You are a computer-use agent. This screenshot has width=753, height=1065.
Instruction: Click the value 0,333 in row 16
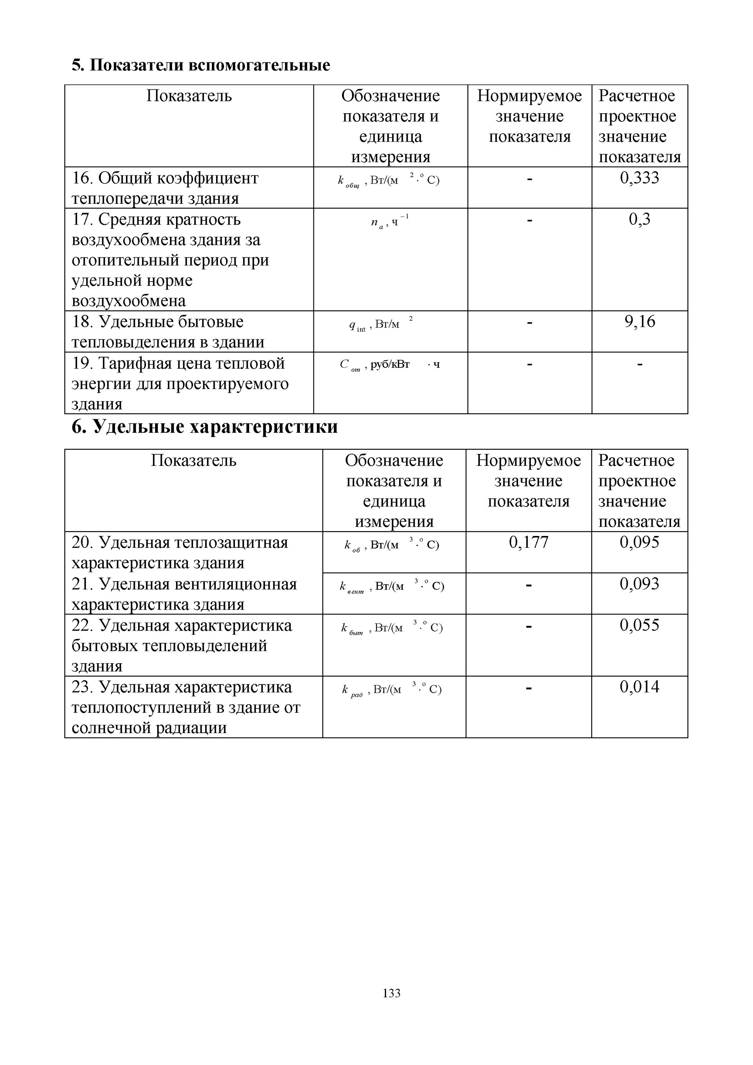(x=639, y=178)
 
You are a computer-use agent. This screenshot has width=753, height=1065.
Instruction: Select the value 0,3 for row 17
(x=639, y=219)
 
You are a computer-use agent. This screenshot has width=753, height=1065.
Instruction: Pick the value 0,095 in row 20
(x=639, y=542)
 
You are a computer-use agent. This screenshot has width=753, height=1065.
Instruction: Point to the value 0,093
(x=639, y=584)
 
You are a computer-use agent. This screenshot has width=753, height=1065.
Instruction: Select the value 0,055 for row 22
(x=639, y=625)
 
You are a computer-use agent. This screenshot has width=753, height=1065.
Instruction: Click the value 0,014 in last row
(x=639, y=687)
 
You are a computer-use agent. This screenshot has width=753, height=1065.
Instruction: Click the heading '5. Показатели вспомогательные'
(x=201, y=65)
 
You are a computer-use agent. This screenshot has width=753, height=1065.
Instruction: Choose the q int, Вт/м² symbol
(x=380, y=325)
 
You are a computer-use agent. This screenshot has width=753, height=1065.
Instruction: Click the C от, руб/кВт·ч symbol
(x=390, y=366)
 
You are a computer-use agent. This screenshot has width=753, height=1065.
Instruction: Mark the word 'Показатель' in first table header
(x=189, y=96)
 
